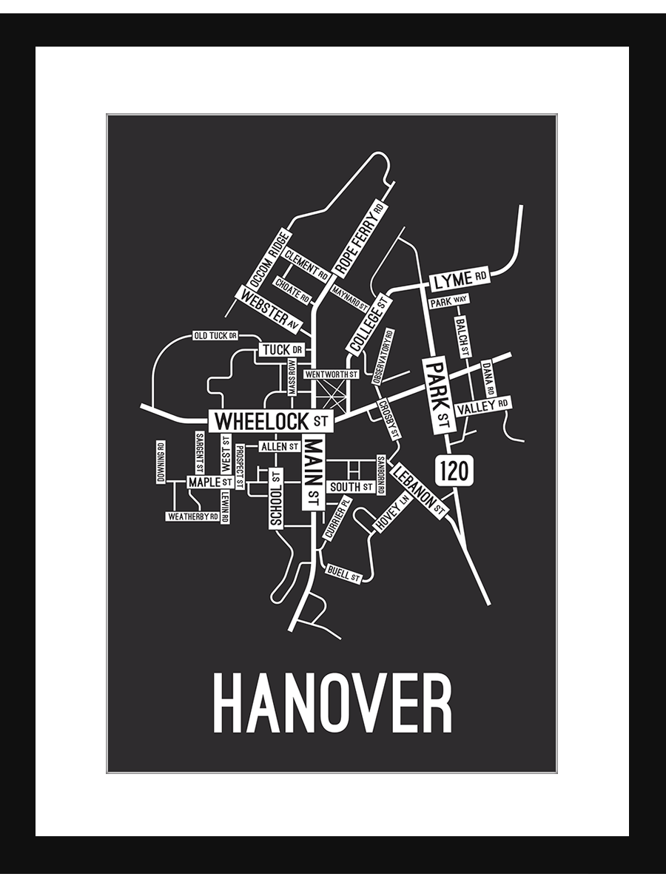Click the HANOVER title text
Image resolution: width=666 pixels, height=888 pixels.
click(x=332, y=703)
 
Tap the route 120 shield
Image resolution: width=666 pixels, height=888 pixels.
click(x=454, y=470)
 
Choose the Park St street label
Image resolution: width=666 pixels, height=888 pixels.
click(x=438, y=394)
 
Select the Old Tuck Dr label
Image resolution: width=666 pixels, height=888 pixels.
click(x=215, y=335)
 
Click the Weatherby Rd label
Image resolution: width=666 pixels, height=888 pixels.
click(x=192, y=517)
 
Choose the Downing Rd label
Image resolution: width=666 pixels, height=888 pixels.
click(x=161, y=462)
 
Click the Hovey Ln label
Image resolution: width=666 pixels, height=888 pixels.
click(x=392, y=513)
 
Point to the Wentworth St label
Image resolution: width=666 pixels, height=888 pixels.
click(x=332, y=374)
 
